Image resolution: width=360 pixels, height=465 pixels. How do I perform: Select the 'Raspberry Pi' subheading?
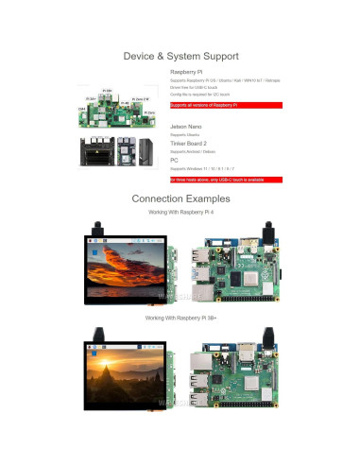coord(184,72)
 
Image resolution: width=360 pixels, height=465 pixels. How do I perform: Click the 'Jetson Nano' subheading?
coord(184,126)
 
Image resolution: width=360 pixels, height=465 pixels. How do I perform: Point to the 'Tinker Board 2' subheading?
coord(187,143)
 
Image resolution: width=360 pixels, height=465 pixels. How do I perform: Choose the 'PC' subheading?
coord(174,160)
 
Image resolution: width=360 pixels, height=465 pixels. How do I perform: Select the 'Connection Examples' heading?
coord(180,199)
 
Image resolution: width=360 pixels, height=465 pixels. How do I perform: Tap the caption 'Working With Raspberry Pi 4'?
coord(180,214)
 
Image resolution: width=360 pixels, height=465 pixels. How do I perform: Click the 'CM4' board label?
coord(82,109)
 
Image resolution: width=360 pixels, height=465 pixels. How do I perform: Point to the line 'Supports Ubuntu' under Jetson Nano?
coord(184,134)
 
